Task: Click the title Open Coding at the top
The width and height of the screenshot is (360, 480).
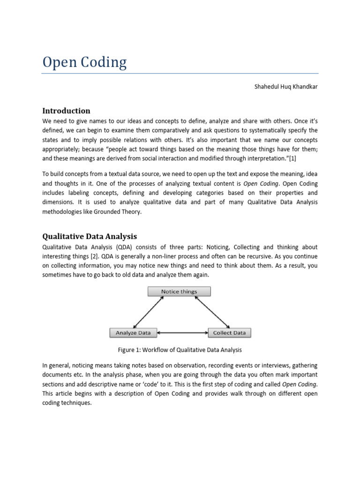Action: point(84,62)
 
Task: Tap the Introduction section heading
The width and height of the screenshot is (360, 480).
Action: point(66,111)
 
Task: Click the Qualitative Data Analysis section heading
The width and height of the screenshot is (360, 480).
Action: point(90,236)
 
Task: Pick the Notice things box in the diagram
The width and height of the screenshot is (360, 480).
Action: point(179,292)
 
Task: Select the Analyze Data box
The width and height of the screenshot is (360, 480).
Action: point(133,333)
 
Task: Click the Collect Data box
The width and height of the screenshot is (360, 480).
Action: point(229,333)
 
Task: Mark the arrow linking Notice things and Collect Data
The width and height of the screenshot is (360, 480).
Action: point(211,312)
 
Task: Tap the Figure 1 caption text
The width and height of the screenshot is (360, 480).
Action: point(180,350)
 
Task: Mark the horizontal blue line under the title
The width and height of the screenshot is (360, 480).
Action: point(180,73)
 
